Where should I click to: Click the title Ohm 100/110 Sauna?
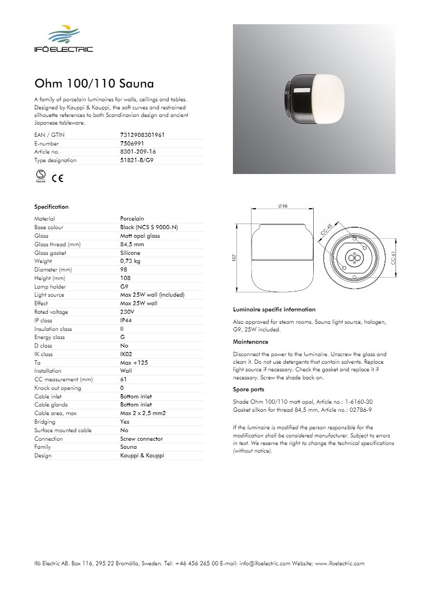click(x=94, y=84)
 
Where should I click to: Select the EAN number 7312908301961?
click(x=143, y=135)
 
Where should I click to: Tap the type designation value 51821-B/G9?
click(x=137, y=160)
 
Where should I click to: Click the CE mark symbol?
click(x=58, y=179)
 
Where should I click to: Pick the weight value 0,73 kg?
click(x=130, y=261)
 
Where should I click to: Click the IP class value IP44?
click(x=126, y=320)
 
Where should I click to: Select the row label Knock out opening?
click(x=58, y=388)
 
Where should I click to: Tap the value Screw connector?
click(x=142, y=439)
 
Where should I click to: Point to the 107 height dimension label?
click(x=234, y=257)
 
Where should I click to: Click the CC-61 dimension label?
click(x=393, y=258)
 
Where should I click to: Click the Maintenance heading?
click(x=251, y=342)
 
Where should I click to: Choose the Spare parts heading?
click(x=249, y=389)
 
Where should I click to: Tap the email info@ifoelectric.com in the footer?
click(x=265, y=563)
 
